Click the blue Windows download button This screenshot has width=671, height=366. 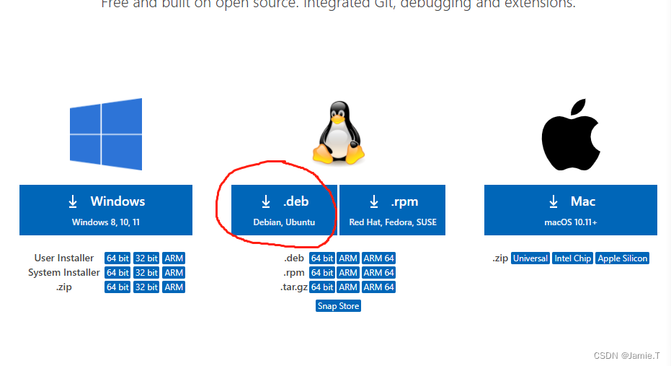[106, 210]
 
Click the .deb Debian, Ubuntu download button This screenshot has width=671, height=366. [284, 210]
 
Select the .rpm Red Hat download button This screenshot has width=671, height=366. [392, 210]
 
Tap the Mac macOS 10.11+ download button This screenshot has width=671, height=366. [570, 210]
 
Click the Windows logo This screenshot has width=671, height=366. [106, 134]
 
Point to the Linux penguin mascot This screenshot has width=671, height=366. [337, 133]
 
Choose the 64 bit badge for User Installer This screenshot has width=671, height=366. [118, 258]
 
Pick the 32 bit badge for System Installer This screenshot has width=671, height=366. [146, 273]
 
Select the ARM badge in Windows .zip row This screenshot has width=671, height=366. [174, 287]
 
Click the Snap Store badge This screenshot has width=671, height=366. [338, 306]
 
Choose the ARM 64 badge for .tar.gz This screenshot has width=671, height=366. [378, 287]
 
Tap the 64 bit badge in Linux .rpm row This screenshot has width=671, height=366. [322, 273]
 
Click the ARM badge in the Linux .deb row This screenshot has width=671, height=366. [348, 258]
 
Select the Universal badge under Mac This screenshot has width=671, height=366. [530, 258]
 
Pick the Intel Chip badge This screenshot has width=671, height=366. [572, 258]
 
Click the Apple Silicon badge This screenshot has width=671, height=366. [622, 258]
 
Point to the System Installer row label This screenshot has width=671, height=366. [64, 273]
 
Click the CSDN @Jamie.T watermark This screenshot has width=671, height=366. [628, 356]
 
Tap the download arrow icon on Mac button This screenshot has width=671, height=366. [554, 201]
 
